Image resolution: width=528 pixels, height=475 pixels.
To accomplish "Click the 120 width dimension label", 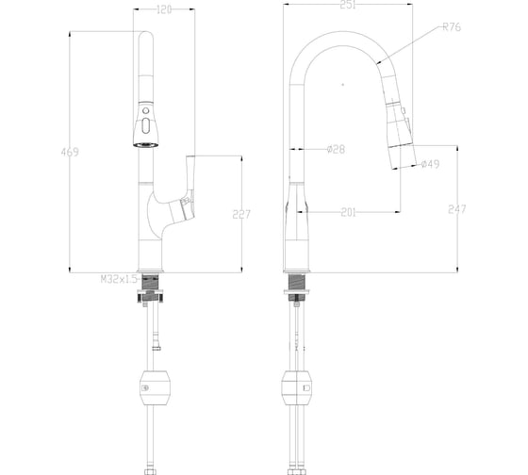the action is (x=164, y=9).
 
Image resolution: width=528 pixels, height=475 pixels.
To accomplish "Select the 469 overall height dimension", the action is (x=70, y=152).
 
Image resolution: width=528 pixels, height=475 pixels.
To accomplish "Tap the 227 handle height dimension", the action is (x=241, y=214).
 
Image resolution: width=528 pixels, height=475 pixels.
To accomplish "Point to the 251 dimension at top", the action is (x=348, y=5).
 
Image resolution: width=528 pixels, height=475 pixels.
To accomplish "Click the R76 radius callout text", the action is (x=452, y=27).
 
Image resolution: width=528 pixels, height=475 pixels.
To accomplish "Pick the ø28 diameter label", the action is (x=336, y=149).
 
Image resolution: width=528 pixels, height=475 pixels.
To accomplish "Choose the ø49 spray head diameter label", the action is (x=430, y=164).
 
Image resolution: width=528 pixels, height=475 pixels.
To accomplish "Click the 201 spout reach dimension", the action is (x=349, y=212).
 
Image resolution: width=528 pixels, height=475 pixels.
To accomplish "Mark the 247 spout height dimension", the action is (x=457, y=209).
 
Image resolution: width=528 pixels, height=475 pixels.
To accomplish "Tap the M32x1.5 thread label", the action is (x=119, y=279).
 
